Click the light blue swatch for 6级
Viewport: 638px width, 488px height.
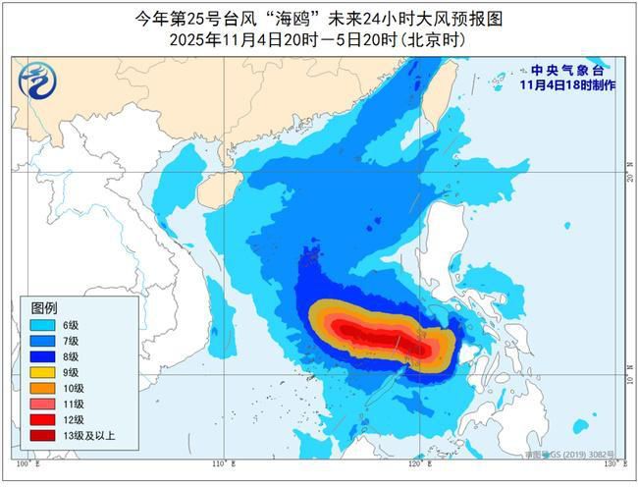pyautogui.click(x=42, y=324)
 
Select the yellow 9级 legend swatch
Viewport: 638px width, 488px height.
pyautogui.click(x=42, y=372)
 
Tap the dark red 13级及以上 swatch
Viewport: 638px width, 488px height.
pyautogui.click(x=42, y=435)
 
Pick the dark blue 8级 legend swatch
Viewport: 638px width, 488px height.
pyautogui.click(x=42, y=356)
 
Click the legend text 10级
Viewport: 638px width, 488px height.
pyautogui.click(x=72, y=388)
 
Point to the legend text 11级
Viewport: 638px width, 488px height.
pyautogui.click(x=72, y=404)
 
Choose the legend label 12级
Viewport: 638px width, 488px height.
pyautogui.click(x=72, y=419)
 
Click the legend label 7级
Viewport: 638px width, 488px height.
pyautogui.click(x=72, y=341)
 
